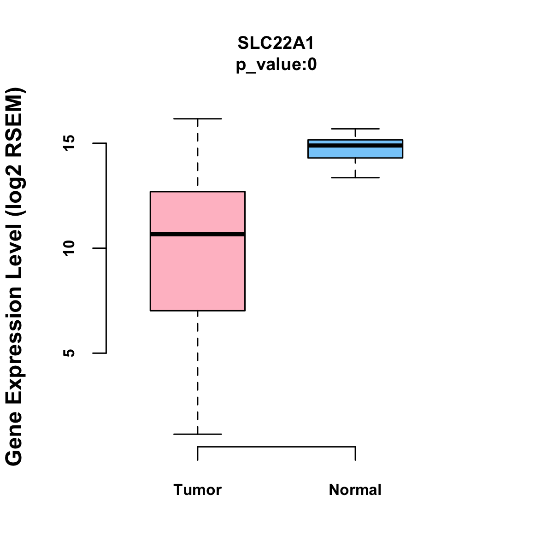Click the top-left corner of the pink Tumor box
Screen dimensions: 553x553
point(150,191)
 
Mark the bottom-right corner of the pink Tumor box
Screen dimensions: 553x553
point(245,311)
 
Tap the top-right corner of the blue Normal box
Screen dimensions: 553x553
point(403,140)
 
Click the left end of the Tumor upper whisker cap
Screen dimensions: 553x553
point(174,118)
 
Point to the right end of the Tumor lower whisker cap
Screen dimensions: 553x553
point(222,434)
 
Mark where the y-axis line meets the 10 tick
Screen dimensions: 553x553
point(106,248)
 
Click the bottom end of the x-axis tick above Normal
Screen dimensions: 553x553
point(355,460)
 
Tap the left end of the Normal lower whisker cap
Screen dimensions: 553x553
point(331,177)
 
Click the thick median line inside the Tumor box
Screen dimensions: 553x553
point(198,234)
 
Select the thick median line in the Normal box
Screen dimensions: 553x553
point(355,146)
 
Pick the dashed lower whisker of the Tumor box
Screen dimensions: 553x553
point(198,372)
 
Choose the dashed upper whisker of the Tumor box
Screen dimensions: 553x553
point(198,155)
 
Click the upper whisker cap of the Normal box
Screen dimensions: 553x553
point(355,129)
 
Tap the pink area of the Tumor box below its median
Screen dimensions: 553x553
point(198,273)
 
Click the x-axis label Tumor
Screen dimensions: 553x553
point(197,489)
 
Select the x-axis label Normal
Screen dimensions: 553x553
point(355,489)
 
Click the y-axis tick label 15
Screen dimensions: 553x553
point(69,143)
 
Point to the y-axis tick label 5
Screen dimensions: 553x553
point(69,353)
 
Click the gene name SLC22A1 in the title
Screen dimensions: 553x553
point(276,43)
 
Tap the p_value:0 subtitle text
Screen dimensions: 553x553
point(276,65)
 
